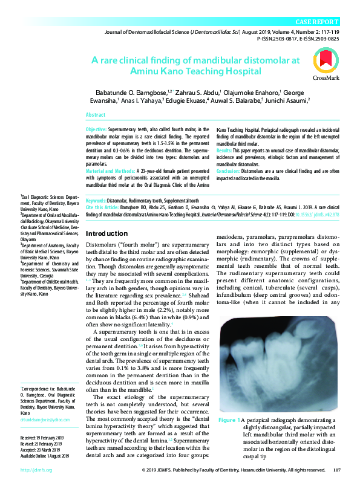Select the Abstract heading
(x=96, y=114)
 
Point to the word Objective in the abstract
(x=96, y=130)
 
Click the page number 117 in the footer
(x=337, y=469)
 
